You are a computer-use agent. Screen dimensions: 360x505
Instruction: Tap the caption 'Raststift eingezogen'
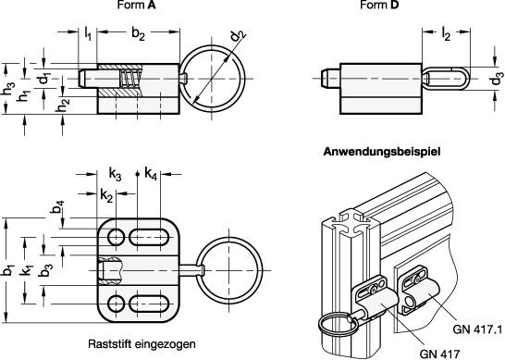142,342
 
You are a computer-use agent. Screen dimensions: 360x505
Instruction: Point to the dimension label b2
138,35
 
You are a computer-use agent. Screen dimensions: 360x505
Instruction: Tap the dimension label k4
152,173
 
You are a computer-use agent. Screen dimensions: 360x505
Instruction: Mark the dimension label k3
115,174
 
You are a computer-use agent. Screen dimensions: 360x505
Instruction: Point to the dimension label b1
8,269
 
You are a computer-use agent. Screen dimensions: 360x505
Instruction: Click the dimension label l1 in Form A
87,35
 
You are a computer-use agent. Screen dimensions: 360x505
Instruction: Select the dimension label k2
107,195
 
